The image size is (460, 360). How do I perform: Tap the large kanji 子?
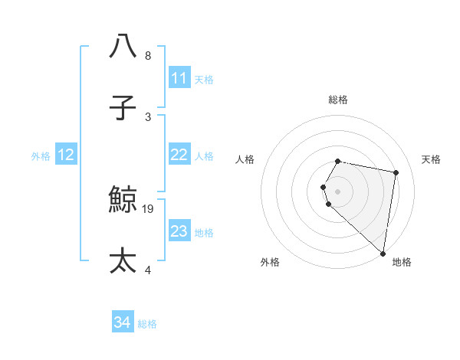[123, 107]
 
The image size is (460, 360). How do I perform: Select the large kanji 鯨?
[123, 200]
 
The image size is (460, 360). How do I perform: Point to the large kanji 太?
[123, 260]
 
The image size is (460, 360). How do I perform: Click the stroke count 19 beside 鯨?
[149, 208]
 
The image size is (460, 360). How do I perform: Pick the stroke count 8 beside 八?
[148, 56]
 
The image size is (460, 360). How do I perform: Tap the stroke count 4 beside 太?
[148, 270]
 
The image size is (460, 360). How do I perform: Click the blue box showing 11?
[179, 78]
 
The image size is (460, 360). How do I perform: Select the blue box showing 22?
[179, 155]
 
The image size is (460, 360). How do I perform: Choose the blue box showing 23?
[179, 231]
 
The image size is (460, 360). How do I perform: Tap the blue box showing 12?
[66, 155]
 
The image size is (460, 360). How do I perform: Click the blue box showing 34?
[123, 322]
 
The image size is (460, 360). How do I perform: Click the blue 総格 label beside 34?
[147, 324]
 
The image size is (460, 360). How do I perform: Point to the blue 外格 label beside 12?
[41, 156]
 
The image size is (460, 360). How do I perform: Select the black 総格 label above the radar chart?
[338, 100]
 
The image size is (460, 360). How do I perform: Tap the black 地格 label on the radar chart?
[402, 262]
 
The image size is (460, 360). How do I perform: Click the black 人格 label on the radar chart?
[245, 159]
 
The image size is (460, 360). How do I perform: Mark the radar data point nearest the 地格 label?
[383, 252]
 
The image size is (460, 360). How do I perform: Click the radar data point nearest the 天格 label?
[396, 172]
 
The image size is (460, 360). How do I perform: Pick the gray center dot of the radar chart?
[338, 191]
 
